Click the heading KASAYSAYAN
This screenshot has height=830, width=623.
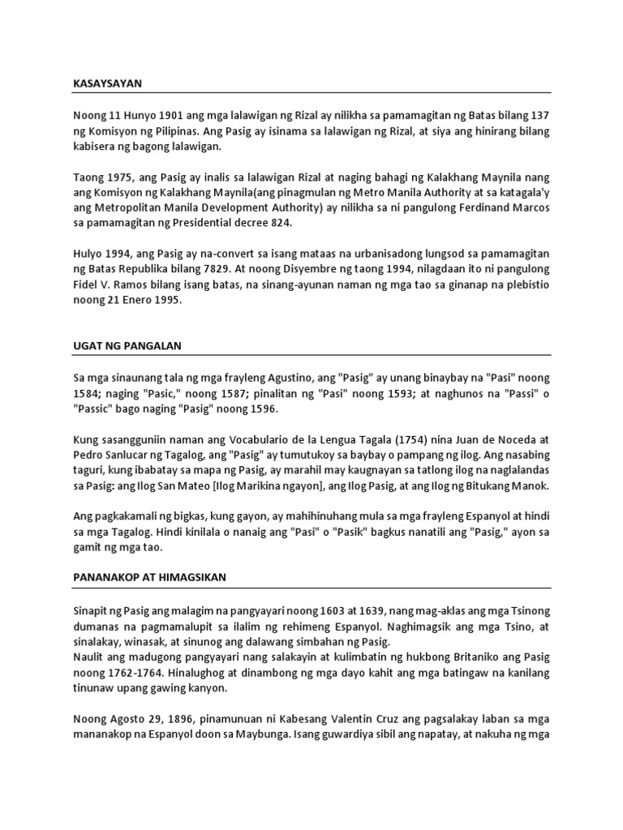click(107, 83)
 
